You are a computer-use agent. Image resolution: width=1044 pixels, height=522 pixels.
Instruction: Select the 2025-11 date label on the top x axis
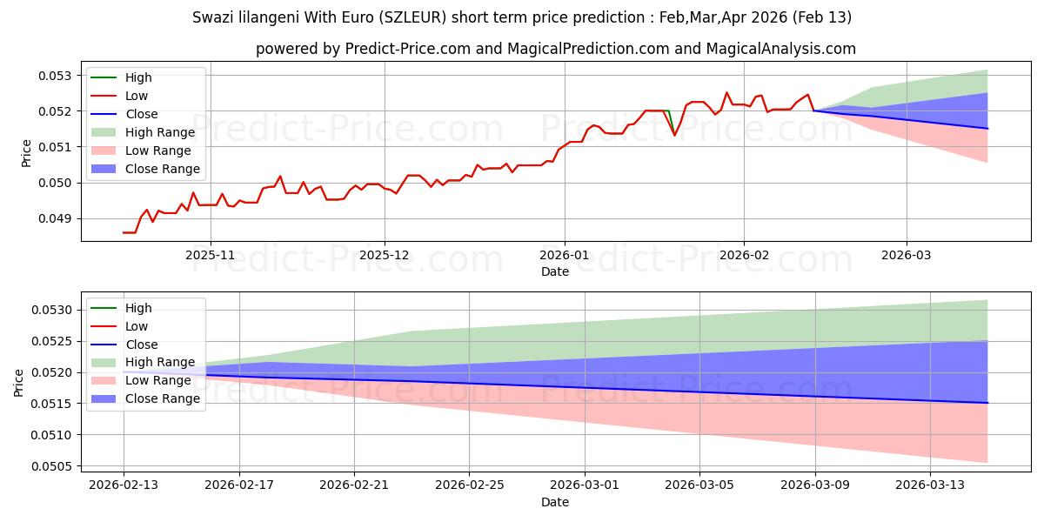click(211, 255)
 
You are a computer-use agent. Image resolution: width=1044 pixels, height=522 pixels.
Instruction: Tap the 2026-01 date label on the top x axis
click(565, 255)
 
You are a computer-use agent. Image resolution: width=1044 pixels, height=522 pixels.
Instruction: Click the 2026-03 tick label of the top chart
click(907, 255)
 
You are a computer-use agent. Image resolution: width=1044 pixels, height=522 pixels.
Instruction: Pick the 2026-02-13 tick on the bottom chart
click(124, 485)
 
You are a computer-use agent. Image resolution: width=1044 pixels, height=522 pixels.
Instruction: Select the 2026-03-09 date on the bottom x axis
click(815, 485)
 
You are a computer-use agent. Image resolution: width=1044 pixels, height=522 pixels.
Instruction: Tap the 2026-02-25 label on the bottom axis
click(469, 485)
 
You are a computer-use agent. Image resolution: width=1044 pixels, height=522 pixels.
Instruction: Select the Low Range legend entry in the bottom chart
click(157, 381)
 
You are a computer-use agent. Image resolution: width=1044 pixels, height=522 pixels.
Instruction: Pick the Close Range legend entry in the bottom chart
click(162, 399)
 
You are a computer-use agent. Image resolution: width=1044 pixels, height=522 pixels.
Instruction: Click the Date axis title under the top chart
click(555, 271)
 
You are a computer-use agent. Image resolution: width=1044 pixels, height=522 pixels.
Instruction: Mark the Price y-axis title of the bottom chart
click(20, 382)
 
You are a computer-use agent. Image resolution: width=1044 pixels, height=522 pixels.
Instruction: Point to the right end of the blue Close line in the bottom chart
click(987, 403)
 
